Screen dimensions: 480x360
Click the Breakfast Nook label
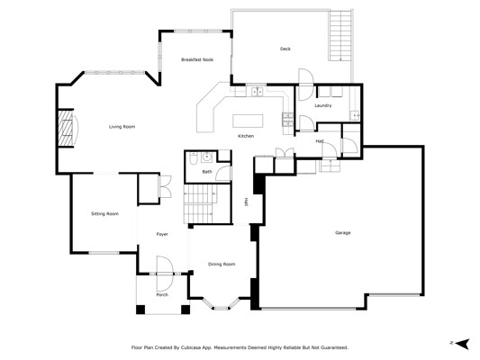[x=197, y=59]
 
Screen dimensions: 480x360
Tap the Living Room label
[x=122, y=127]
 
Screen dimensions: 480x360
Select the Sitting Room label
[x=104, y=214]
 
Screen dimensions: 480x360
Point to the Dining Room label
[x=222, y=265]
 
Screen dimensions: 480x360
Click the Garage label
[x=343, y=233]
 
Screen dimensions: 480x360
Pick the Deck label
[x=285, y=49]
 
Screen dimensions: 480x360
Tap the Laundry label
[x=323, y=105]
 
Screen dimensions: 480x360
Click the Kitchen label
[x=246, y=136]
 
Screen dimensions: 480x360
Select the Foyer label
[x=162, y=234]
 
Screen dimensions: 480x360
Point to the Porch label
[x=162, y=295]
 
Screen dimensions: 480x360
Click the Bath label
[x=207, y=172]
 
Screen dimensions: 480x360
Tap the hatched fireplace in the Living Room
[x=66, y=128]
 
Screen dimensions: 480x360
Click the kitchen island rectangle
[x=248, y=121]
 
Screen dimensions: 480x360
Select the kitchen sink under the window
[x=257, y=92]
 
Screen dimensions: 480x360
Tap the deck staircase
[x=340, y=35]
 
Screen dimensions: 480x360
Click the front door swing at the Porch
[x=165, y=274]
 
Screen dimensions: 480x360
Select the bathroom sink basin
[x=207, y=157]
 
